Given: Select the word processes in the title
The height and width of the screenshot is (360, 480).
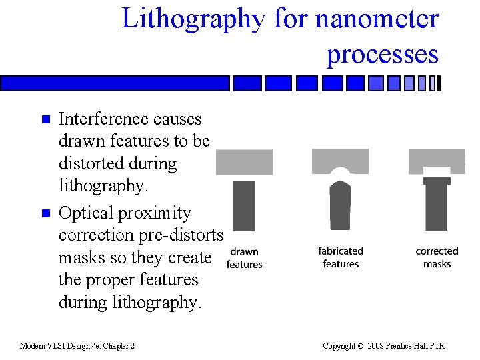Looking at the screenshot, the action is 382,53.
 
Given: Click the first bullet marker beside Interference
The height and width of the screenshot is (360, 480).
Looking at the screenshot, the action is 45,120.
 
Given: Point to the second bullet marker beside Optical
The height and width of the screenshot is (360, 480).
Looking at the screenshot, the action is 45,214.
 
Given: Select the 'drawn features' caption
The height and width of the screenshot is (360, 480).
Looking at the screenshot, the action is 244,258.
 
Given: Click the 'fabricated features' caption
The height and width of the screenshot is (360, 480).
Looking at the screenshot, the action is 340,257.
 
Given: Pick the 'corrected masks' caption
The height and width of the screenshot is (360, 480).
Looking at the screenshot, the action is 437,257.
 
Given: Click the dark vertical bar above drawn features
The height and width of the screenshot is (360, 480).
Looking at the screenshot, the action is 244,206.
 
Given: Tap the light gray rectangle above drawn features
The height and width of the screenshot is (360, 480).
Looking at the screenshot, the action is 244,162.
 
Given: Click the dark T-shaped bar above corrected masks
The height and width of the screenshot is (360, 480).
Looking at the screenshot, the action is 437,205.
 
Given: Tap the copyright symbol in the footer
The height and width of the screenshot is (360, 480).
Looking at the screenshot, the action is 361,346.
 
